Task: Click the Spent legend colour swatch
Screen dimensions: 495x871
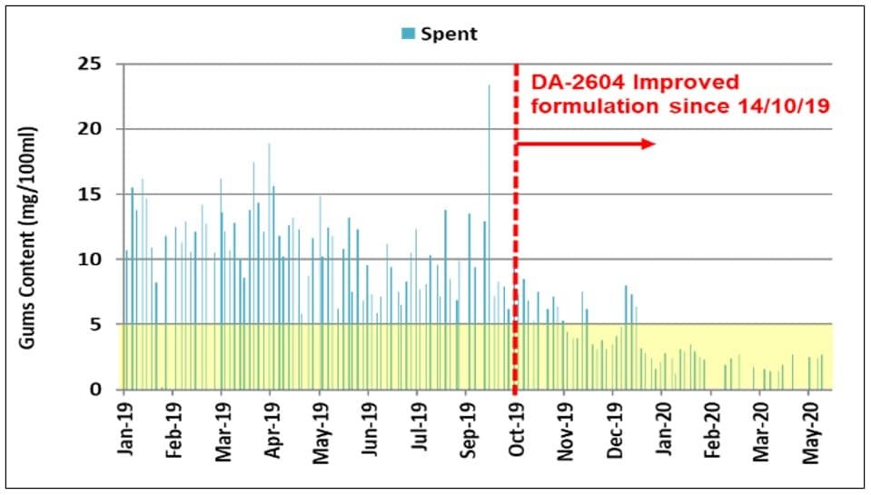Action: click(409, 35)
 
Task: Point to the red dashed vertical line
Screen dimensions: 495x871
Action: click(516, 272)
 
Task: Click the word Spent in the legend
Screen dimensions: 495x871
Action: click(449, 35)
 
